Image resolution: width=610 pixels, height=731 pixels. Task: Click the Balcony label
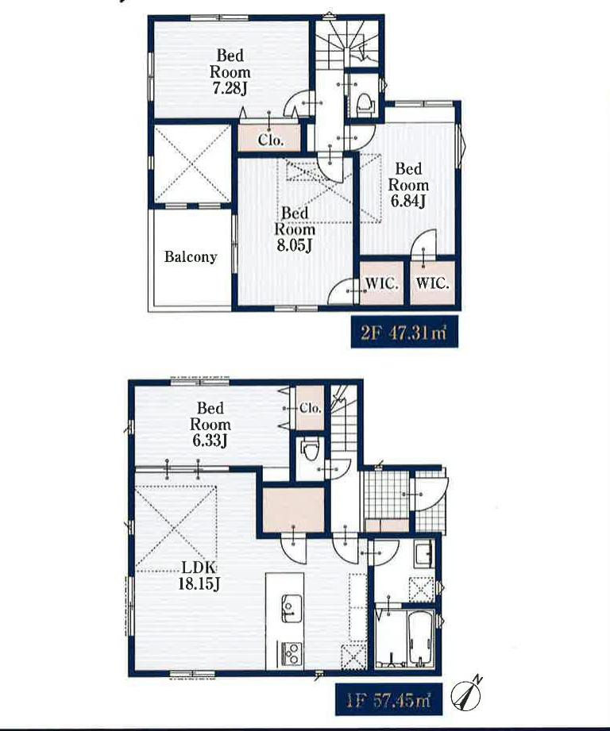click(x=191, y=257)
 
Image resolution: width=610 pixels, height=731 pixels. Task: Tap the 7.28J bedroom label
click(x=230, y=71)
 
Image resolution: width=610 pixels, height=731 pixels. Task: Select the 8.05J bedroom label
click(x=294, y=229)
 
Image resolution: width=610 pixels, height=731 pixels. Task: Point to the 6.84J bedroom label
click(x=408, y=185)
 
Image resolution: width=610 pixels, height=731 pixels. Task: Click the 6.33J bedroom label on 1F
click(x=210, y=424)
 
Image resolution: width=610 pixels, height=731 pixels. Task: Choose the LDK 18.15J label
click(x=199, y=575)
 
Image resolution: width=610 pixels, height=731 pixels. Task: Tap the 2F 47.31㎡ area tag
click(x=403, y=333)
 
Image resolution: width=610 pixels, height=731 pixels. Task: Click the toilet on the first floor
click(x=309, y=452)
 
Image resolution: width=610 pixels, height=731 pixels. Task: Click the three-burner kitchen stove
click(x=291, y=653)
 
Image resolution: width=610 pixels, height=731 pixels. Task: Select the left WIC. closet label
click(x=381, y=283)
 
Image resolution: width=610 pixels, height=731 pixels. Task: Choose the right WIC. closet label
click(x=432, y=283)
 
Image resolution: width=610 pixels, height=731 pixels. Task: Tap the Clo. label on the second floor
click(x=271, y=140)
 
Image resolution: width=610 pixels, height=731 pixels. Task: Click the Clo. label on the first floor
click(x=310, y=409)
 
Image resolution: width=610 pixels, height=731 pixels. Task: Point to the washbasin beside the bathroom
click(x=423, y=554)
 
